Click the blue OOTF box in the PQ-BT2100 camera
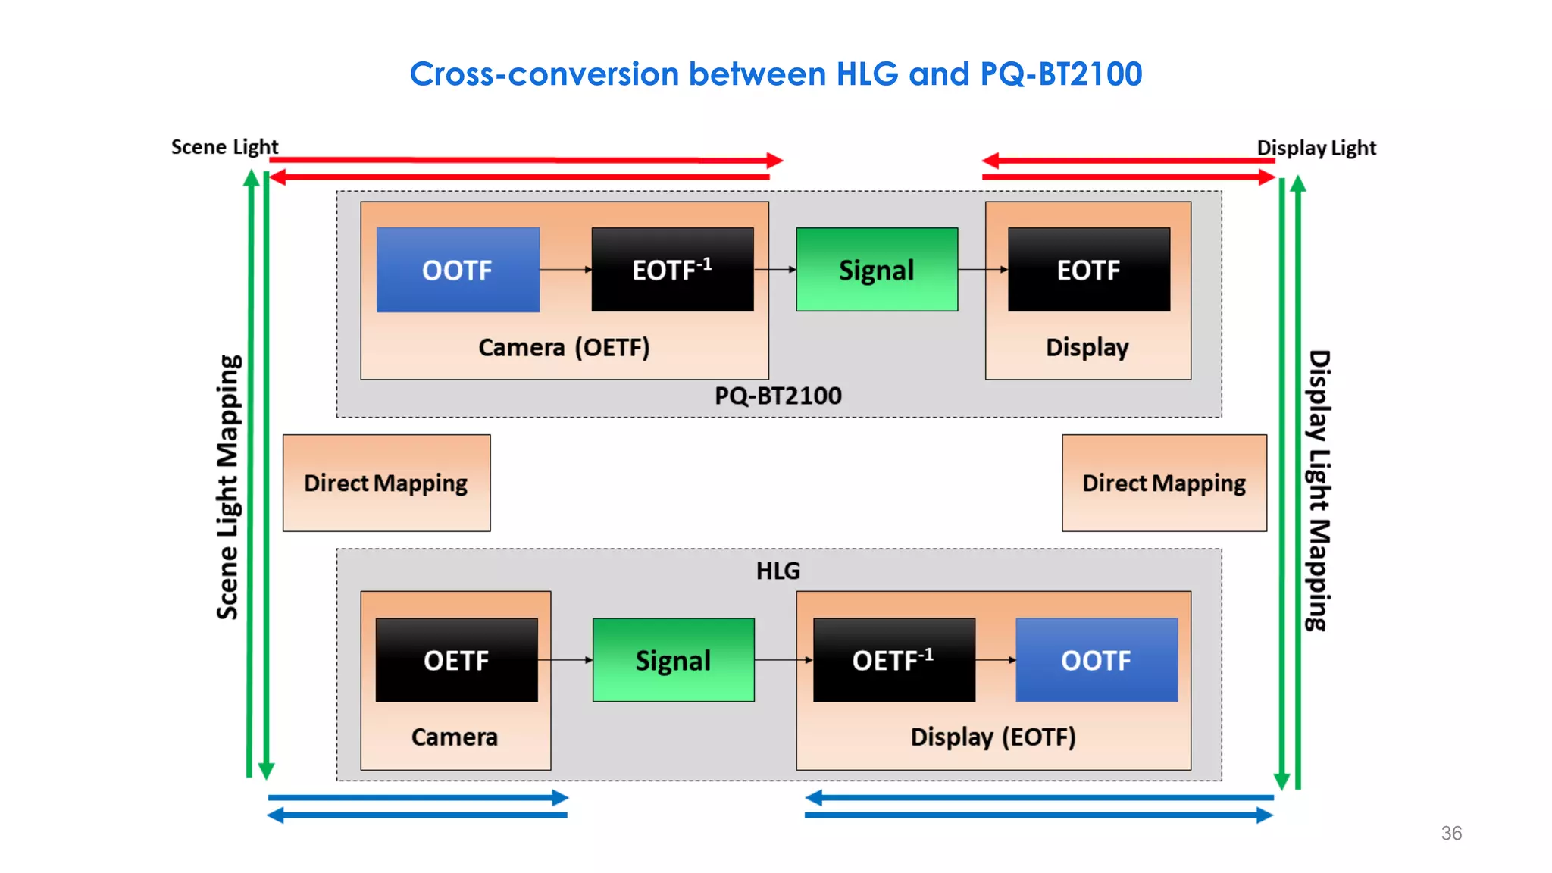(458, 270)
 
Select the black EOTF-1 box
(672, 270)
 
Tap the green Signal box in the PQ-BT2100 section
(877, 270)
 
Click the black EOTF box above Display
(1088, 270)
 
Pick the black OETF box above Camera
(456, 660)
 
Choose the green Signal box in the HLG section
(673, 660)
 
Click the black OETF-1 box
(893, 660)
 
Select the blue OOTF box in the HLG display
(1096, 660)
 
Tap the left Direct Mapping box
(386, 483)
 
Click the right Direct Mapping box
(1164, 483)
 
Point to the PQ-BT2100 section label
(778, 396)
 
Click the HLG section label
(778, 571)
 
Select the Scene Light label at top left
(224, 146)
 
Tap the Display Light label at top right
(1316, 147)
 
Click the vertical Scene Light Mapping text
(228, 487)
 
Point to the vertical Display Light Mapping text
(1319, 490)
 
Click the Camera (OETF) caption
(564, 347)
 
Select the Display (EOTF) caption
(993, 737)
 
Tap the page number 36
(1451, 833)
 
